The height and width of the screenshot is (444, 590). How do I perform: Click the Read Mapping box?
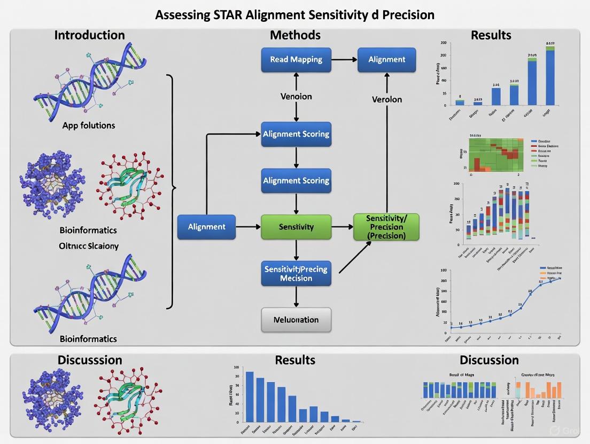pos(296,60)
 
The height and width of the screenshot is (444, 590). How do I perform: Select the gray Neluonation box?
pos(296,320)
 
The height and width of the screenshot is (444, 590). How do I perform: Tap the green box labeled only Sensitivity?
pos(296,227)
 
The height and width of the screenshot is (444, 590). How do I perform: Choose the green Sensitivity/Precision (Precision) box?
pos(386,227)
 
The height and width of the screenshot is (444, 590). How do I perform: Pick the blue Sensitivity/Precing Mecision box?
pos(296,274)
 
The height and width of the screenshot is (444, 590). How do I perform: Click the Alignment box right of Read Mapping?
pos(386,60)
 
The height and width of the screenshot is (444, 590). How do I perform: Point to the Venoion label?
pos(296,97)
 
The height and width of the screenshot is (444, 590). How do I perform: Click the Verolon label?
pos(386,100)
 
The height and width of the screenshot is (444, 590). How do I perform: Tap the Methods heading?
pos(295,35)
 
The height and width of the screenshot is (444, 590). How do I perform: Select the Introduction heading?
pos(89,35)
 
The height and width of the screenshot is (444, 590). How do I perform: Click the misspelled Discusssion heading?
pos(90,360)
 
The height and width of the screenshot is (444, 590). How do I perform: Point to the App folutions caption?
pos(88,126)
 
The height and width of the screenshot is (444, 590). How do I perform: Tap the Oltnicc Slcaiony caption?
pos(89,246)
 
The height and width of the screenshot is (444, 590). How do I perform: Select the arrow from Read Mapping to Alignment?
pos(344,60)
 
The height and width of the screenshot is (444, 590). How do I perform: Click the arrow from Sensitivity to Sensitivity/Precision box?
pos(342,227)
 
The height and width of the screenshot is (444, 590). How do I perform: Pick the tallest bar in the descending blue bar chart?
pos(250,397)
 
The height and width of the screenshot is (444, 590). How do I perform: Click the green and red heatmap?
pos(494,155)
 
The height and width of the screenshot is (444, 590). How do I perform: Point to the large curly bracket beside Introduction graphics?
pos(171,189)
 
